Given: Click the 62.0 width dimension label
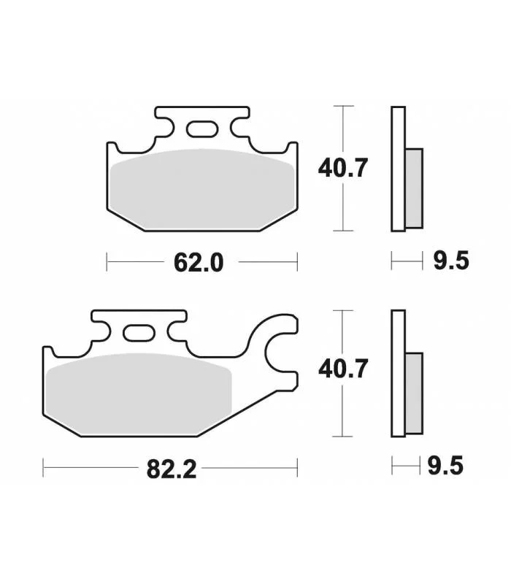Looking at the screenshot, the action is click(x=199, y=263).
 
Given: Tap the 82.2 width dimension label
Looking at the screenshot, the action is click(x=172, y=469).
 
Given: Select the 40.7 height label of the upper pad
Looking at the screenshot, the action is click(x=342, y=168).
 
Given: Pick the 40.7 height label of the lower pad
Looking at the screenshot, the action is click(x=343, y=369).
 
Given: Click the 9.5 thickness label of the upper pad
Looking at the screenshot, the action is click(x=450, y=261).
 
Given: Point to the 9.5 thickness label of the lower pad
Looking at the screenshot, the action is click(x=445, y=466).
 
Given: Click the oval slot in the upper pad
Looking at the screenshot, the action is click(x=202, y=129).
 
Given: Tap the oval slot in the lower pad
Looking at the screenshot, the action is click(x=139, y=333).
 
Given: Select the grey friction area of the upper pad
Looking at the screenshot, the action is click(x=202, y=189).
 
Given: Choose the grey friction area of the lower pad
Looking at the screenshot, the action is click(x=139, y=394).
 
